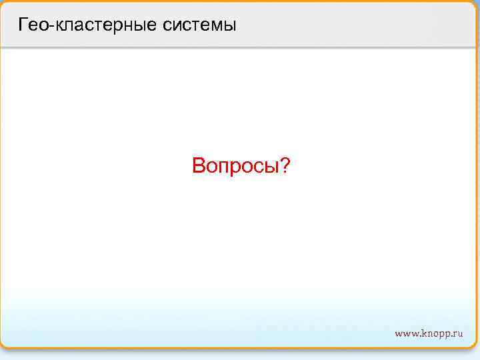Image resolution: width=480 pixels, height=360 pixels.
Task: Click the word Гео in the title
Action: (x=31, y=26)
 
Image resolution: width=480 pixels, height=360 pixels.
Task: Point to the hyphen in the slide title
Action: (x=45, y=27)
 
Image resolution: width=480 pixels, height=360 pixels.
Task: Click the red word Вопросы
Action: (x=235, y=165)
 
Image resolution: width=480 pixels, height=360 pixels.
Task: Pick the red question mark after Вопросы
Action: (x=285, y=165)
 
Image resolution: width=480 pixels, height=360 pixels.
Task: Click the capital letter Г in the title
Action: (x=23, y=26)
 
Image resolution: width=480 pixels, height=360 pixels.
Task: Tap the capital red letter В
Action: (x=199, y=165)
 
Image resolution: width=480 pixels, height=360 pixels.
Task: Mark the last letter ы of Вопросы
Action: (x=271, y=167)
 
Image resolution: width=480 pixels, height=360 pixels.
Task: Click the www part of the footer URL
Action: (x=406, y=333)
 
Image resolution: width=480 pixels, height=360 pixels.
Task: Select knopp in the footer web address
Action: (x=435, y=333)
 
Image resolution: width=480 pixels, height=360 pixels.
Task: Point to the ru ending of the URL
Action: (x=457, y=333)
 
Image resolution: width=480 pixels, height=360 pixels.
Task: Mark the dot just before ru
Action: (x=451, y=335)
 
